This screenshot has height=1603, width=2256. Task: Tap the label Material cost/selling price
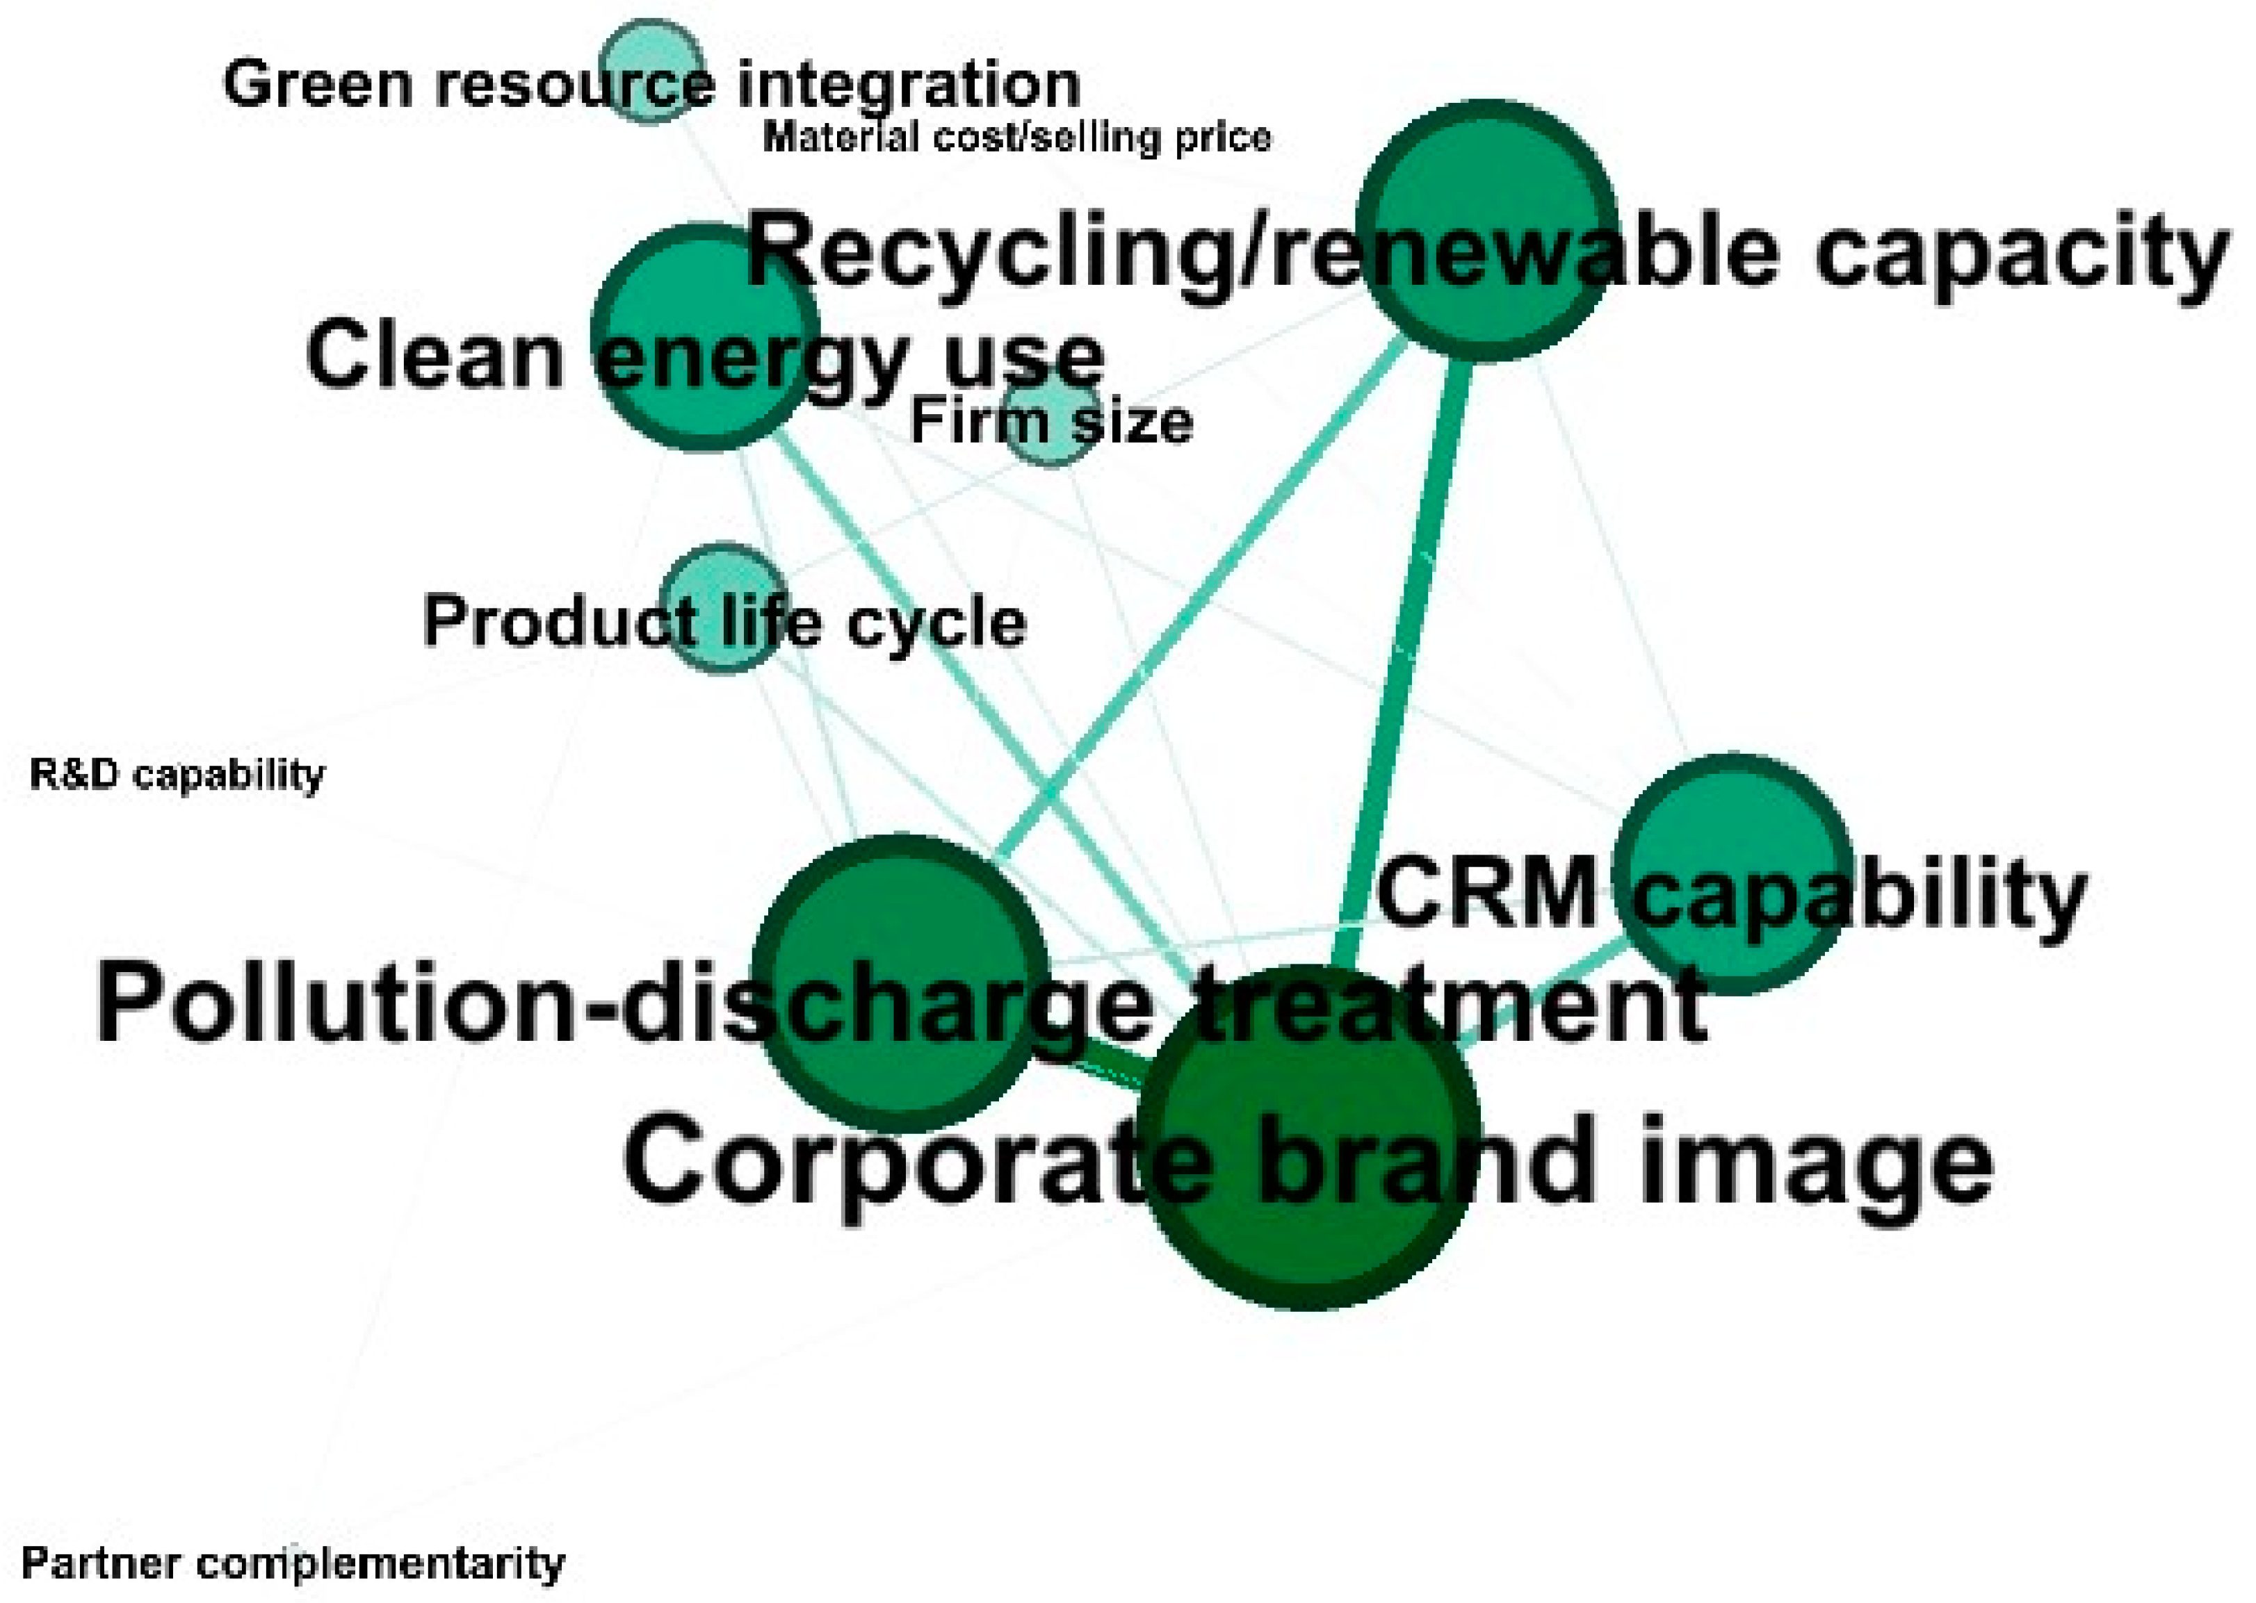click(x=1017, y=137)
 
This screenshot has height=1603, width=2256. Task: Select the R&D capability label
click(x=178, y=774)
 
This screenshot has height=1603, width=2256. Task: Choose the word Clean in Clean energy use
click(x=435, y=355)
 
